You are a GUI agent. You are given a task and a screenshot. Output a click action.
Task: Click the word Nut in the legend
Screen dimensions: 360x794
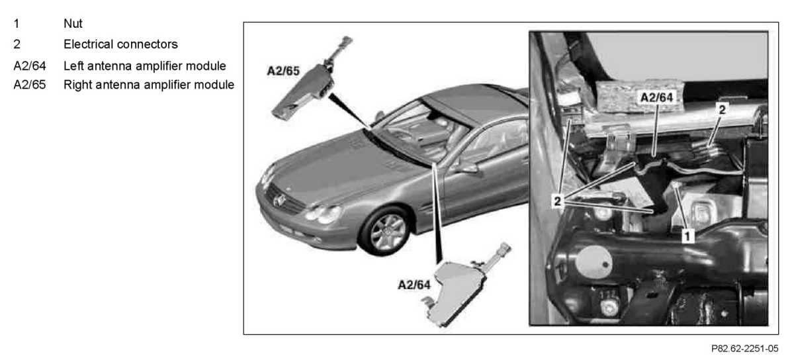[x=73, y=24]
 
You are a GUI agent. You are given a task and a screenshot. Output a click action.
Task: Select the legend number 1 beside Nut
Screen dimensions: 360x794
[x=16, y=24]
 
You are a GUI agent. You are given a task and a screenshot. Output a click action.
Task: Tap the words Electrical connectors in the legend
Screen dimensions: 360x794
[x=120, y=44]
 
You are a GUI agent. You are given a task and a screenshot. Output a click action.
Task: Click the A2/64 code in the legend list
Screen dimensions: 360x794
[x=29, y=66]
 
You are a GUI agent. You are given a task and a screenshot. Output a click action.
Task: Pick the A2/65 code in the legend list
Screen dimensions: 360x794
[x=29, y=85]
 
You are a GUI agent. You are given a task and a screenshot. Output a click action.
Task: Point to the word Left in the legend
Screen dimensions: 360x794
[x=73, y=66]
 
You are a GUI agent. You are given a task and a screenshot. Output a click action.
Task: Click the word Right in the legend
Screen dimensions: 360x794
[x=77, y=85]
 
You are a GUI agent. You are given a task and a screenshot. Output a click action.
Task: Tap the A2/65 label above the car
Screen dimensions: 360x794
[x=283, y=70]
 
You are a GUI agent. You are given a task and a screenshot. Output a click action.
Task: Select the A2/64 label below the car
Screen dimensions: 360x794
[x=414, y=286]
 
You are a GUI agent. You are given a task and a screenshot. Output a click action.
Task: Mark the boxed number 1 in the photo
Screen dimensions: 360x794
[x=687, y=234]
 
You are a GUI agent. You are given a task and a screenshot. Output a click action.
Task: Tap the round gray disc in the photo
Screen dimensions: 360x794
[x=593, y=261]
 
